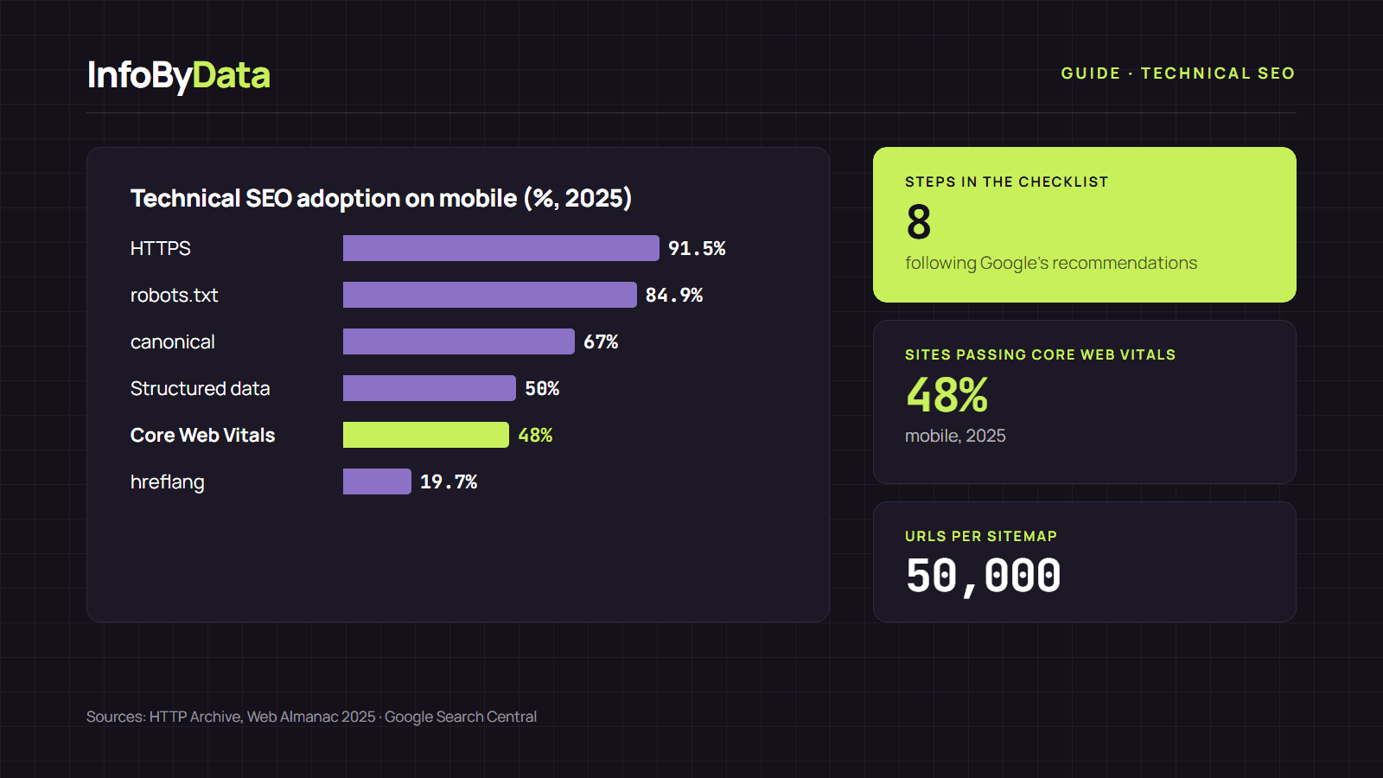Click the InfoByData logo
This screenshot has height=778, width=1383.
point(178,75)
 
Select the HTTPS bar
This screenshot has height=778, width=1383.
point(500,248)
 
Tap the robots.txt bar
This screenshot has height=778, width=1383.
point(489,295)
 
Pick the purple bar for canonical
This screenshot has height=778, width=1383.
point(459,341)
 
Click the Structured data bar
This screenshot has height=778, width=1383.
point(429,388)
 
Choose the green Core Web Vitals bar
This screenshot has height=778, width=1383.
point(426,435)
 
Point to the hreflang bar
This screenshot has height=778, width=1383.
point(377,481)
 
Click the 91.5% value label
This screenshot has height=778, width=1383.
point(697,248)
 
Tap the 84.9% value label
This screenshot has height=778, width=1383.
point(673,295)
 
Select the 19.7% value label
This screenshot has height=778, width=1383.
point(449,481)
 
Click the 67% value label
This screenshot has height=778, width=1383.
point(601,341)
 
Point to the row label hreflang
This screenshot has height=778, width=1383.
point(168,482)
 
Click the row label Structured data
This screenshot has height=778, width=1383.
point(200,388)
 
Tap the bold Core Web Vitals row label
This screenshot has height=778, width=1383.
point(202,436)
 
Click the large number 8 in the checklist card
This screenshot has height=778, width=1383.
point(918,222)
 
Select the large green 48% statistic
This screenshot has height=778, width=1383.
point(947,395)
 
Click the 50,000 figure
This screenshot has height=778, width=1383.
point(983,576)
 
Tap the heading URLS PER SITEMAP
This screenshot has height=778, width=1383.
point(981,536)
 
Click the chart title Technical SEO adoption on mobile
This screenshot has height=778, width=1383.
point(381,199)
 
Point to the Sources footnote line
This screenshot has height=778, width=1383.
point(311,717)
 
